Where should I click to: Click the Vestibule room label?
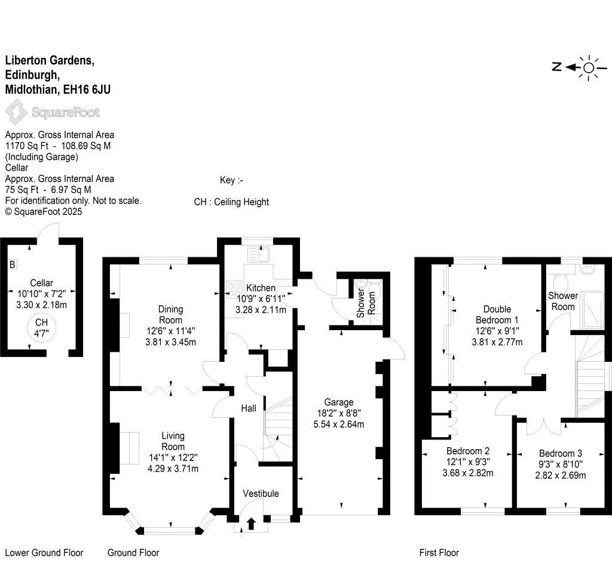(261, 494)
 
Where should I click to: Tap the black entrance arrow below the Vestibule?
(251, 524)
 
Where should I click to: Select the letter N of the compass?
(557, 67)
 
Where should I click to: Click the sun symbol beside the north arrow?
(589, 68)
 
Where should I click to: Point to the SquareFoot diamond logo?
(16, 112)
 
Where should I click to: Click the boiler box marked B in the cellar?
(12, 265)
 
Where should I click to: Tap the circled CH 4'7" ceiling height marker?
(41, 328)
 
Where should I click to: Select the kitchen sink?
(258, 254)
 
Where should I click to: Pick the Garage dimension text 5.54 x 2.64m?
(339, 424)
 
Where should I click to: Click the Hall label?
(249, 408)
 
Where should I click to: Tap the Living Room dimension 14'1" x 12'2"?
(173, 457)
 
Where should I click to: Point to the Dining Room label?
(170, 315)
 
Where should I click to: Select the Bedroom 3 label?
(561, 453)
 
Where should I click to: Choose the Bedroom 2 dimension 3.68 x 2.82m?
(468, 473)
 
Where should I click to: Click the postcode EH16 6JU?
(87, 90)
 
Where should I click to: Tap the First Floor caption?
(439, 552)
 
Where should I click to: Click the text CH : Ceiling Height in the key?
(231, 202)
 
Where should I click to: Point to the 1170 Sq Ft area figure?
(27, 146)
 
